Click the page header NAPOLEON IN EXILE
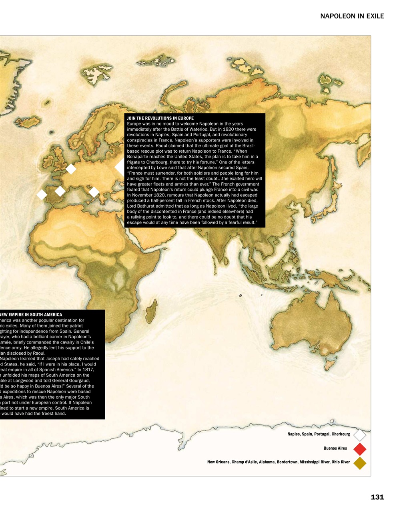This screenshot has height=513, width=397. (352, 16)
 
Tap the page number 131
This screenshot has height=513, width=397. (377, 497)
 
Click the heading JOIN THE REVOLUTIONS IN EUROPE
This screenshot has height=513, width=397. (160, 118)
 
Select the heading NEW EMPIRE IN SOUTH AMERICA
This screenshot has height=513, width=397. (31, 315)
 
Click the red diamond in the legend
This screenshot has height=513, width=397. (360, 448)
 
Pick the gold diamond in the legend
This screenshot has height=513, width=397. (360, 463)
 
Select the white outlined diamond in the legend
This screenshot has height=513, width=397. (360, 434)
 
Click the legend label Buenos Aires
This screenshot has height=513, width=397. (335, 448)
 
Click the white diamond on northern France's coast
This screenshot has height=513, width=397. (71, 169)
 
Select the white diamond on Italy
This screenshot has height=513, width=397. (94, 192)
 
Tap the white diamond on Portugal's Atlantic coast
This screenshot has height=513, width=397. (42, 194)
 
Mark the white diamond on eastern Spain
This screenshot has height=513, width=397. (60, 191)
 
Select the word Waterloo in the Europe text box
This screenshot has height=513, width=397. (235, 129)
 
